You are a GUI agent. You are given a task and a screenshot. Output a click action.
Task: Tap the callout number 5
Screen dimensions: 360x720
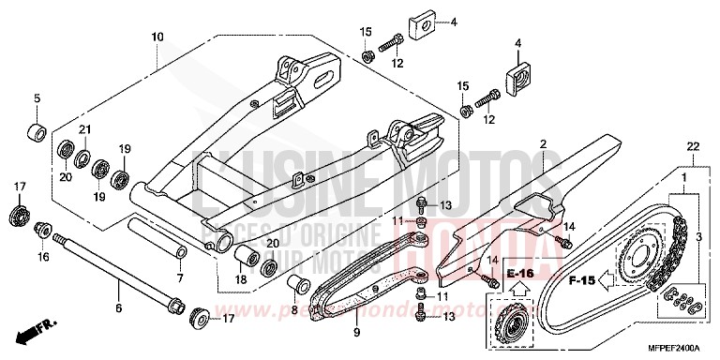click(x=37, y=97)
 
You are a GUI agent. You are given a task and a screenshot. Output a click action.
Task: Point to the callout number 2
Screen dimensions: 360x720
click(x=542, y=143)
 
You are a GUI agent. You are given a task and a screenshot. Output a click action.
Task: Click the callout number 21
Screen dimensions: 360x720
click(x=83, y=129)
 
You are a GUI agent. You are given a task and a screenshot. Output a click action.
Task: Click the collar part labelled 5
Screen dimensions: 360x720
click(x=37, y=129)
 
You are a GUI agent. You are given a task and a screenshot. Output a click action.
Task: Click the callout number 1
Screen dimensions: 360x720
click(x=683, y=177)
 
